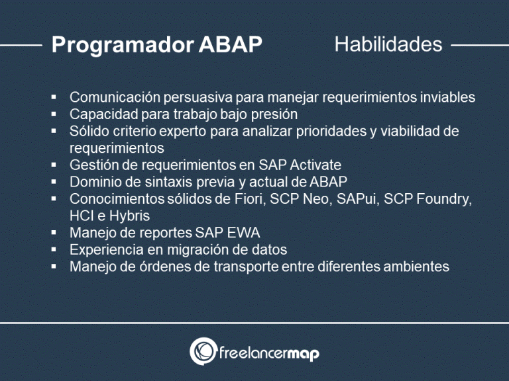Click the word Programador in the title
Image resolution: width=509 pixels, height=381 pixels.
pos(122,45)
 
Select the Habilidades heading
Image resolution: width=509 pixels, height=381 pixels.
pos(388,44)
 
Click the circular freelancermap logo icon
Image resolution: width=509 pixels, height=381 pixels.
pos(203,351)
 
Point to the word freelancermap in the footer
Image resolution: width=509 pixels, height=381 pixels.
pos(268,353)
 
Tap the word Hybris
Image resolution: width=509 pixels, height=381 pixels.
pos(130,216)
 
